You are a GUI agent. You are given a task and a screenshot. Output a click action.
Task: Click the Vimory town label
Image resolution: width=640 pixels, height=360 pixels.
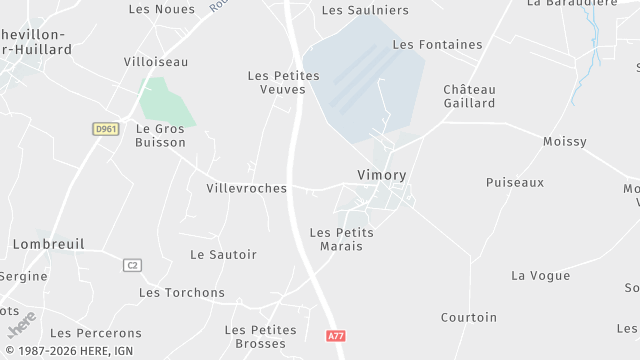pyautogui.click(x=381, y=174)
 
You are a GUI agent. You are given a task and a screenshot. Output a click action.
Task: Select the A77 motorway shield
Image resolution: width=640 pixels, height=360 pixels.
pyautogui.click(x=336, y=337)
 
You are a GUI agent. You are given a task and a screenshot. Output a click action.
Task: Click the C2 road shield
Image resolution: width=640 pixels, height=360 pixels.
pyautogui.click(x=132, y=265)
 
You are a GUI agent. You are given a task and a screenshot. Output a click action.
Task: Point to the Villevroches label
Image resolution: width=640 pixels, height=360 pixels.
pyautogui.click(x=246, y=188)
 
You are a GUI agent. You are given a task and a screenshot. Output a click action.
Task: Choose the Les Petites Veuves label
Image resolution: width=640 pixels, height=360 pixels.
pyautogui.click(x=283, y=82)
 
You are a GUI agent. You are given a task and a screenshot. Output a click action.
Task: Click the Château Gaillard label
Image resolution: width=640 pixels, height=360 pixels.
pyautogui.click(x=469, y=96)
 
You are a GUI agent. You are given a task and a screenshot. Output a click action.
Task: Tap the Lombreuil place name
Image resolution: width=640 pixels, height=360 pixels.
pyautogui.click(x=48, y=243)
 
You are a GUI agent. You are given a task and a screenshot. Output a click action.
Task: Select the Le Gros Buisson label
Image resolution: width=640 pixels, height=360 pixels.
pyautogui.click(x=160, y=135)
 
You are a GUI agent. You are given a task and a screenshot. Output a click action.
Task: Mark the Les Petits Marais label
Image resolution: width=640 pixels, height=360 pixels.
pyautogui.click(x=342, y=238)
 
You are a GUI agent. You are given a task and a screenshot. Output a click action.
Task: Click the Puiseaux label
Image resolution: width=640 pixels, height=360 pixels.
pyautogui.click(x=514, y=182)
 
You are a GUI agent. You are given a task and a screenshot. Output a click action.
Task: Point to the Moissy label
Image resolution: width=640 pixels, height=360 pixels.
pyautogui.click(x=564, y=142)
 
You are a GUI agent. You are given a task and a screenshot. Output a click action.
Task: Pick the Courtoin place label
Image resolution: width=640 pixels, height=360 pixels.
pyautogui.click(x=468, y=317)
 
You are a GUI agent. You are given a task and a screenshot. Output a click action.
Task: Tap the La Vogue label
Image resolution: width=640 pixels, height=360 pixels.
pyautogui.click(x=540, y=275)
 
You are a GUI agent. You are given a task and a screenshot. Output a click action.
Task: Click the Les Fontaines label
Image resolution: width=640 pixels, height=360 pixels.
pyautogui.click(x=437, y=44)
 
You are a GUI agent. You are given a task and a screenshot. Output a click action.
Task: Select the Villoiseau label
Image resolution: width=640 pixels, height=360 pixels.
pyautogui.click(x=155, y=61)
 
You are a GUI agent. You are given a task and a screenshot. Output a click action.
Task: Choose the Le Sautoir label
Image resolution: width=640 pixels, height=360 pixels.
pyautogui.click(x=223, y=254)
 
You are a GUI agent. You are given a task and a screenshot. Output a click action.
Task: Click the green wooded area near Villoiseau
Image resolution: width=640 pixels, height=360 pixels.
pyautogui.click(x=165, y=103)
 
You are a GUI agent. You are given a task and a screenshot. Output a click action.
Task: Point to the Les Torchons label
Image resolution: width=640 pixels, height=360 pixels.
pyautogui.click(x=182, y=292)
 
